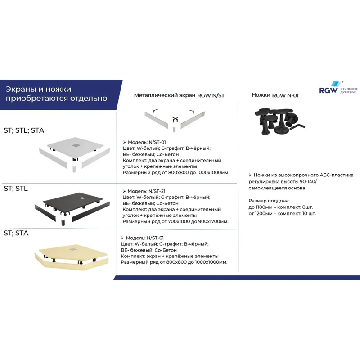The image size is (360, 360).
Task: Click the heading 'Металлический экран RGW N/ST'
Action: point(173,95)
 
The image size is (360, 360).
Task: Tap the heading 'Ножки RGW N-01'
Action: point(275,95)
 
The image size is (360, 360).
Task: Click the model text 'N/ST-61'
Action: point(155,238)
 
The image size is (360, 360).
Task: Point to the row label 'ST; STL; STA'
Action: point(24,130)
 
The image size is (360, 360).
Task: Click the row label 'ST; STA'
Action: point(16,233)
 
